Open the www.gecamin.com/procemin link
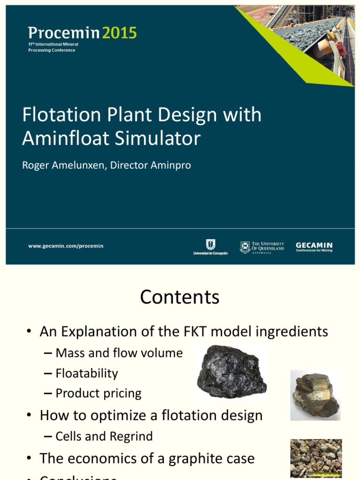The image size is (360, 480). coord(66,246)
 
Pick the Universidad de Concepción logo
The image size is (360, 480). coord(210,247)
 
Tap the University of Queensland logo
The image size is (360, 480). coord(262,247)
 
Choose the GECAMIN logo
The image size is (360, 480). coord(314,247)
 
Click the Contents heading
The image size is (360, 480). coord(180,297)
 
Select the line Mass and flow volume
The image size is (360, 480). coord(119,353)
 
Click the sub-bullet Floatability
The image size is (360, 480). coord(87,374)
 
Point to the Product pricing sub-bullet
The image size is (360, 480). coord(98,394)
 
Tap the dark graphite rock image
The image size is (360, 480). coord(231,372)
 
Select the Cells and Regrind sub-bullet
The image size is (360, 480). coord(104,436)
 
